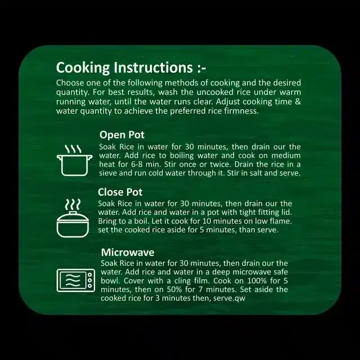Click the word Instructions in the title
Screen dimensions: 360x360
coord(153,67)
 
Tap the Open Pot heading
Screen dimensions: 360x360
coord(122,135)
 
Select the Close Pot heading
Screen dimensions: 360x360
coord(120,192)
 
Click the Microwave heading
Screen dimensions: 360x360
coord(128,253)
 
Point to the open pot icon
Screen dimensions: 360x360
coord(75,160)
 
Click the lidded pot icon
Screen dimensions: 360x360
coord(73,218)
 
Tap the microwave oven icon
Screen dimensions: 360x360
coord(76,280)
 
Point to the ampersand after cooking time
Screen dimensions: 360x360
coord(298,101)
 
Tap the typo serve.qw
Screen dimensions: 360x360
coord(229,298)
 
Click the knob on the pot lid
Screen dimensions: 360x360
coord(73,213)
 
